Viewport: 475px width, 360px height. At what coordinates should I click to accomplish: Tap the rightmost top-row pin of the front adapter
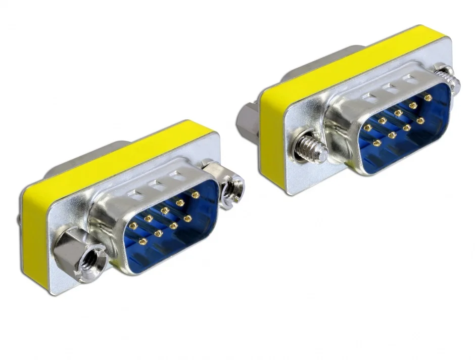(x=195, y=195)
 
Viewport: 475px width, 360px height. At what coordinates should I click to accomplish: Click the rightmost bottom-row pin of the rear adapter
(x=420, y=120)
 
